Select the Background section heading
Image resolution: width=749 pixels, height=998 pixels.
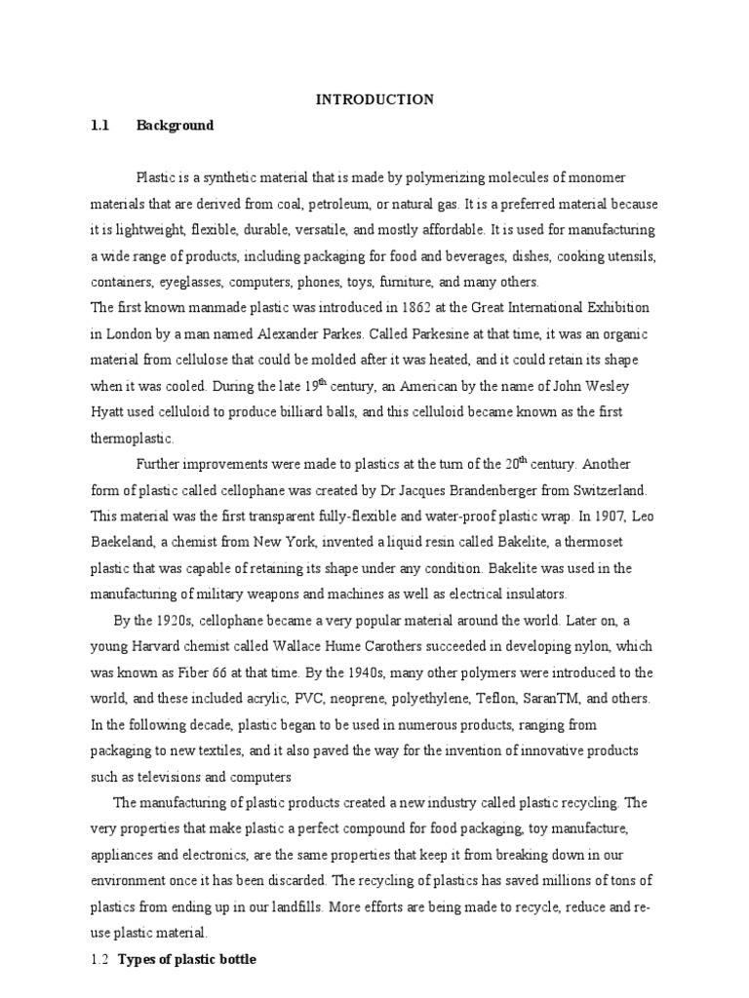[175, 126]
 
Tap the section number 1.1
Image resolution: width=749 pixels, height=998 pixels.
[100, 126]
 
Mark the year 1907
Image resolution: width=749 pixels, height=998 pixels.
[590, 517]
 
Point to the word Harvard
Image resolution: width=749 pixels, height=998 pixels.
[165, 647]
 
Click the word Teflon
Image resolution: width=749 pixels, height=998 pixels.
[515, 699]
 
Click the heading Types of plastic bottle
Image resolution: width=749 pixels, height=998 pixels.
[187, 960]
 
